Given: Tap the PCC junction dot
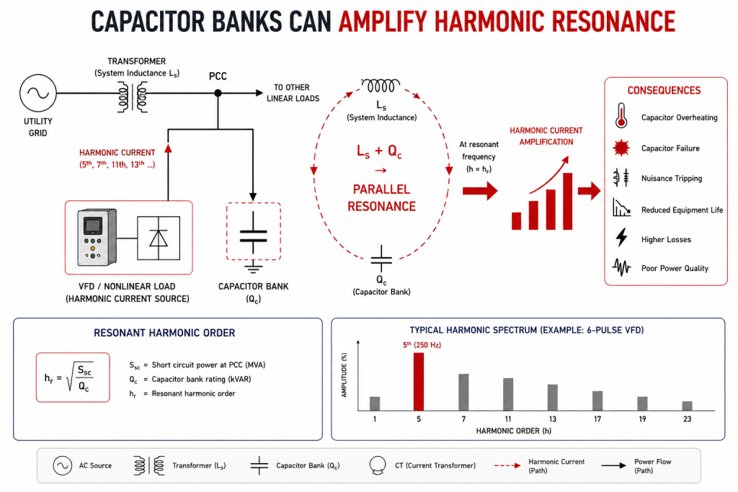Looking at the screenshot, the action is click(218, 93).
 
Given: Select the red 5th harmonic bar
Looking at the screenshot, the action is click(419, 382).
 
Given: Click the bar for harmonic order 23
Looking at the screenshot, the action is click(687, 406).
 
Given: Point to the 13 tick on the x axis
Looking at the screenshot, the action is click(553, 419).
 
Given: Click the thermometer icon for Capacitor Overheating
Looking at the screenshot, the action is click(621, 116).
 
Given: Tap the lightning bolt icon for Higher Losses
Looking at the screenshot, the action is click(622, 238).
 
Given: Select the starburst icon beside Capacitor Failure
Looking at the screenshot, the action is click(621, 148).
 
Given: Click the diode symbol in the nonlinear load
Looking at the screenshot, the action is click(158, 238).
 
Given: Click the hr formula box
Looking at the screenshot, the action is click(73, 377).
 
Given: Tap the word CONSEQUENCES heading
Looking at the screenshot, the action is click(664, 90).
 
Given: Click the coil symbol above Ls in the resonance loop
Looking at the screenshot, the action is click(381, 85).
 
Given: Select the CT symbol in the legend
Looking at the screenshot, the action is click(378, 465).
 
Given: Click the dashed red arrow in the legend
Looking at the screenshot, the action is click(507, 465).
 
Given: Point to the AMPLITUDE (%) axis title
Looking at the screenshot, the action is click(344, 375).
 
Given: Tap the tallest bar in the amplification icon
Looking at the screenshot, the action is click(568, 201).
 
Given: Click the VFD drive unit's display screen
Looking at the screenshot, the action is click(93, 225).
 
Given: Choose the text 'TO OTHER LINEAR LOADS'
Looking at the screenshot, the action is click(293, 93).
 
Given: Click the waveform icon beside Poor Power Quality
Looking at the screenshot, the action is click(622, 268).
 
